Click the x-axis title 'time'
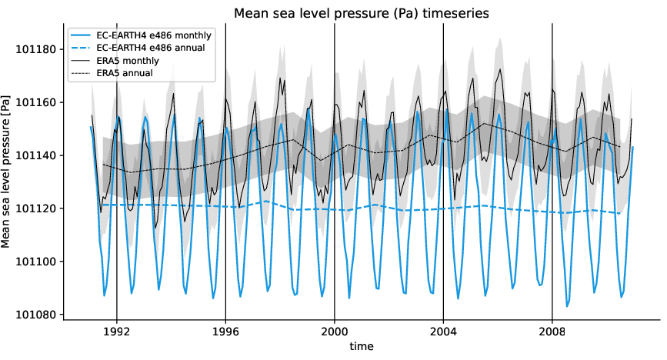point(361,347)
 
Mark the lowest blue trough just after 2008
point(567,306)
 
